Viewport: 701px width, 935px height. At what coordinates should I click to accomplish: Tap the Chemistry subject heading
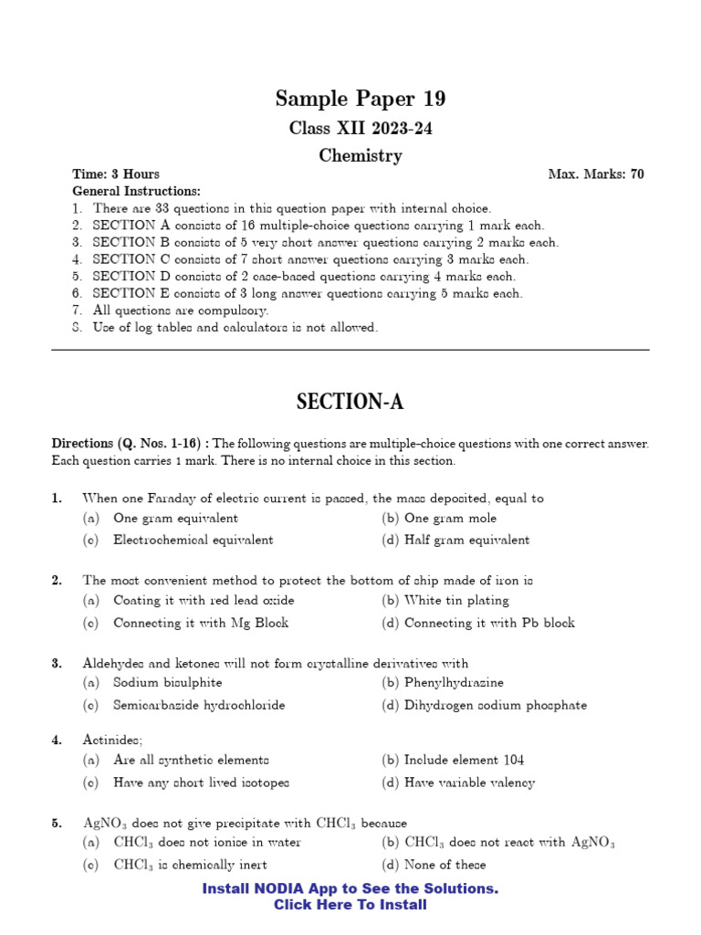(x=361, y=156)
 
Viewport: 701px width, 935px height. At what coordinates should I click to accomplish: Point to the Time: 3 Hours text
(x=116, y=174)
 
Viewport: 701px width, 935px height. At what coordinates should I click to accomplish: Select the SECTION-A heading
(x=350, y=402)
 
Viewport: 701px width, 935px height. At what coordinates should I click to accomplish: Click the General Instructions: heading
(x=136, y=191)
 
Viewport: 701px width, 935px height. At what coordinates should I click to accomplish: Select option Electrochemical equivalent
(x=193, y=540)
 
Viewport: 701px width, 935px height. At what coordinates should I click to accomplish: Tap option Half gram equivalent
(x=466, y=540)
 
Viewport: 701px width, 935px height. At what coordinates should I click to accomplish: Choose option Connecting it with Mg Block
(x=200, y=623)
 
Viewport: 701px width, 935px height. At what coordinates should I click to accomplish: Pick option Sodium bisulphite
(x=167, y=682)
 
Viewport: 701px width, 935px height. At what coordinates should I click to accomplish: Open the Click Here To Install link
(x=350, y=905)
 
